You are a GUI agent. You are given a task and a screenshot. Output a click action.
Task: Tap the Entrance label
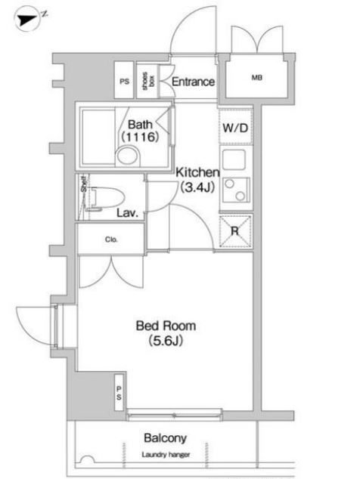[x=193, y=82]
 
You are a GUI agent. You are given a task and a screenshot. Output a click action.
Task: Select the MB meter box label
[x=257, y=78]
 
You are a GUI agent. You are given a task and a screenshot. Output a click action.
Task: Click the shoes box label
[x=148, y=81]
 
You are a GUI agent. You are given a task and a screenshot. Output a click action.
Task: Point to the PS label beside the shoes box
[x=124, y=82]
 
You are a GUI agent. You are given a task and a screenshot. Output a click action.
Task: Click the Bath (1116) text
[x=140, y=131]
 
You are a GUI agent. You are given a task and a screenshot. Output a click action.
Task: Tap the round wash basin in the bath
[x=128, y=156]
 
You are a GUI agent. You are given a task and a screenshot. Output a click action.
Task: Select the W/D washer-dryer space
[x=235, y=127]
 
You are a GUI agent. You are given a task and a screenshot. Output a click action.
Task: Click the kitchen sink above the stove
[x=234, y=159]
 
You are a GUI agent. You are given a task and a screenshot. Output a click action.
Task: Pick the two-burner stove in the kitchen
[x=236, y=190]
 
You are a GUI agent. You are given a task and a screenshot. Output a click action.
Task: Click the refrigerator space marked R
[x=236, y=231]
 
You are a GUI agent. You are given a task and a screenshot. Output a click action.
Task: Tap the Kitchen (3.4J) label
[x=197, y=180]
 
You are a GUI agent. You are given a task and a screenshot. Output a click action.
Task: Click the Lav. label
[x=128, y=213]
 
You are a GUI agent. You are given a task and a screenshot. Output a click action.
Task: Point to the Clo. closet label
[x=111, y=239]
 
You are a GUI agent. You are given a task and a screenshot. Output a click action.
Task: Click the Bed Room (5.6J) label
[x=166, y=333]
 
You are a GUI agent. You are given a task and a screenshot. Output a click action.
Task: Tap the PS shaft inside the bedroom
[x=119, y=393]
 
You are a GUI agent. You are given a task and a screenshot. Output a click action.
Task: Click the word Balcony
[x=165, y=438]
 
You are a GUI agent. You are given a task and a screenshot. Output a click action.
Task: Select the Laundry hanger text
[x=166, y=455]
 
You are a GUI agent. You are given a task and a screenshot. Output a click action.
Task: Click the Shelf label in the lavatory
[x=84, y=184]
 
